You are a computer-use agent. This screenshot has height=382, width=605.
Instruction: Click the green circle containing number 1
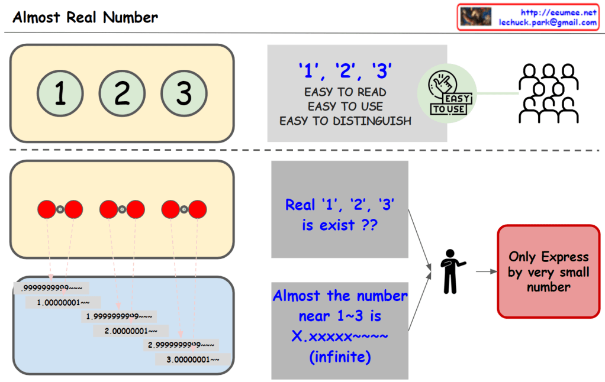59,93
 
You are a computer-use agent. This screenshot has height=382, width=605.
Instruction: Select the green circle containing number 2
122,93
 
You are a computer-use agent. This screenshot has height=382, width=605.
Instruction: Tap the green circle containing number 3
184,93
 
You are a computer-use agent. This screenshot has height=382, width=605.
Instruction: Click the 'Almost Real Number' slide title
85,17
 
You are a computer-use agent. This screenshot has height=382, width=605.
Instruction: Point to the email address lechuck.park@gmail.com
548,22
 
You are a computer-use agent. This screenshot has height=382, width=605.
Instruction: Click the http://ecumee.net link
558,12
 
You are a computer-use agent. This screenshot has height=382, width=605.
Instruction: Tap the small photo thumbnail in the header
476,17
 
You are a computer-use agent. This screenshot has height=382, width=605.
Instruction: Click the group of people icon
548,93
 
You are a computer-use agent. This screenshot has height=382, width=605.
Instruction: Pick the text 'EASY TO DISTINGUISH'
345,121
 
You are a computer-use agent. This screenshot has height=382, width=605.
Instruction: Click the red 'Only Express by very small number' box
548,272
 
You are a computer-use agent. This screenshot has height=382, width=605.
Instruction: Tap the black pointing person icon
452,271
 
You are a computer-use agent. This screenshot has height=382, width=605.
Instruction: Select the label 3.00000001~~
194,359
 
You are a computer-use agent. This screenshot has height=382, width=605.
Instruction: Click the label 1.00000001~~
63,302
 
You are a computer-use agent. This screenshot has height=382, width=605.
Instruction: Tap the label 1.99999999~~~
119,316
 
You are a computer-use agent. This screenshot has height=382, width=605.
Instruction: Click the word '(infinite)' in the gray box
339,358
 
